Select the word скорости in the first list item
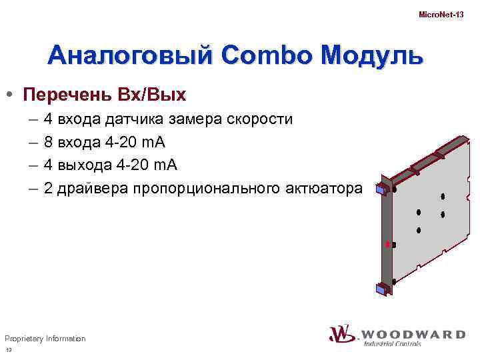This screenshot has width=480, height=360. tap(259, 120)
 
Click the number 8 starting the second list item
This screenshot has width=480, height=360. tap(49, 143)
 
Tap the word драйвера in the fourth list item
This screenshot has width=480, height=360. tap(93, 189)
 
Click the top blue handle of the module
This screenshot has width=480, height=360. tap(381, 189)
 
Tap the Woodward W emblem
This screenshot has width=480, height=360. tap(341, 334)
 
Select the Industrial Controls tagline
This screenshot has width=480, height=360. tap(392, 344)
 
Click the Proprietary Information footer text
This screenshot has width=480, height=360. tap(45, 339)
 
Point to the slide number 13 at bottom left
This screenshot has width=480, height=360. tap(9, 351)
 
